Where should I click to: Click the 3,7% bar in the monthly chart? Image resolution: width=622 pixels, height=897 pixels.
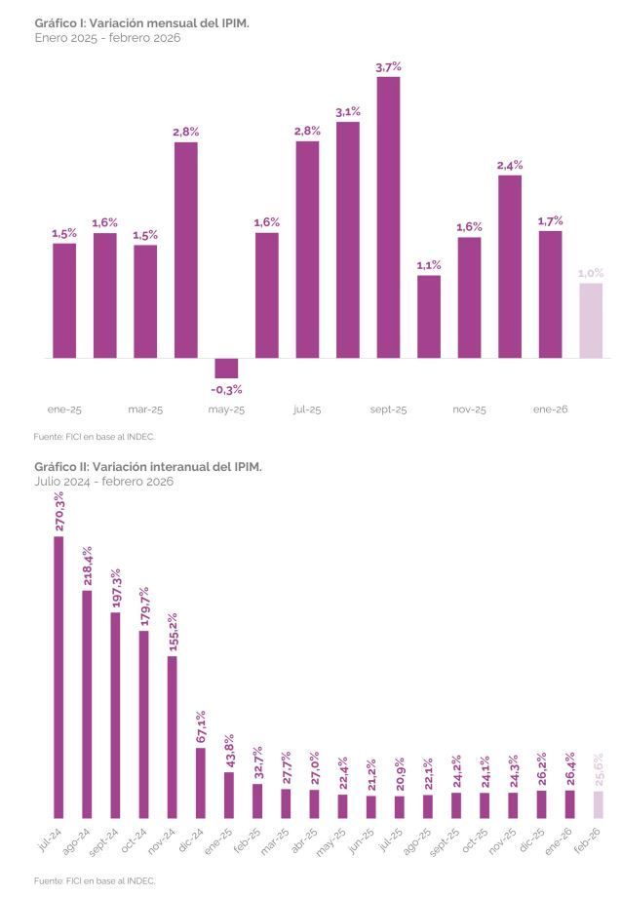pos(388,216)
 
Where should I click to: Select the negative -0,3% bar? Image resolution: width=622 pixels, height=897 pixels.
pos(226,368)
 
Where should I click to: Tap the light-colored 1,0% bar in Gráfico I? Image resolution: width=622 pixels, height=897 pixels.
pos(591,320)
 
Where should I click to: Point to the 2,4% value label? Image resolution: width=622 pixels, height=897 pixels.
pos(510,166)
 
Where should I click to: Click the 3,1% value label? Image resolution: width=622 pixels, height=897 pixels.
pos(348,111)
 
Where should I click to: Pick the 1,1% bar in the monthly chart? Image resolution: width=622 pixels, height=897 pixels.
pos(429,316)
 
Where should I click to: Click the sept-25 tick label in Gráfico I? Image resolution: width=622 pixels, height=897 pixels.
pos(388,409)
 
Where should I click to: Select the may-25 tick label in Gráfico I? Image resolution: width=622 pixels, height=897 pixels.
pos(226,409)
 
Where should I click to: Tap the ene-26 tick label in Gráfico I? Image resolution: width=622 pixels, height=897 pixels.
pos(550,409)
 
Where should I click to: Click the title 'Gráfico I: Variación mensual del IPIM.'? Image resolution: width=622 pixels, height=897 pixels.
pos(141,21)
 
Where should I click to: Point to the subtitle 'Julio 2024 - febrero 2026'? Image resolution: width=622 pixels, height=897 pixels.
pos(103,482)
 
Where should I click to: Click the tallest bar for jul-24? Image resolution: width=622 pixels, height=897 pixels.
pos(58,678)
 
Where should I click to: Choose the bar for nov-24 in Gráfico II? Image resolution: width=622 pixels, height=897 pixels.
pos(173,737)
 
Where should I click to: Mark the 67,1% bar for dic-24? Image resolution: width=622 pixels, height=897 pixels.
pos(201,783)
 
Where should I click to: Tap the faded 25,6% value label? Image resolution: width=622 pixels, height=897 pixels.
pos(600,770)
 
